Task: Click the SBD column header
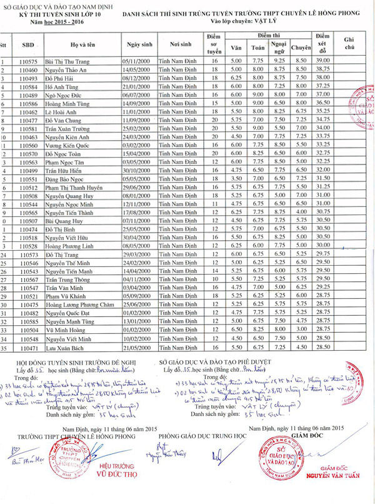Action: pos(27,45)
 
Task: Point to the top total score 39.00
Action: pos(322,61)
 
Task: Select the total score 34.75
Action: pos(322,119)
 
